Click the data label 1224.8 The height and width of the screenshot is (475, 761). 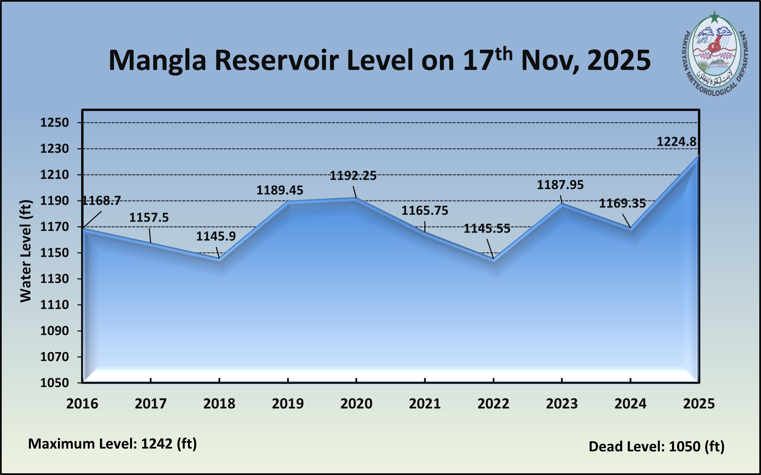[x=676, y=142]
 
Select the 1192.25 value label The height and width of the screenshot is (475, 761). [x=353, y=176]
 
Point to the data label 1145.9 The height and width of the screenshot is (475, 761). [x=216, y=236]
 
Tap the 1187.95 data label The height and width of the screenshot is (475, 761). [x=560, y=185]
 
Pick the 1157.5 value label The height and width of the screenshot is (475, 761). [x=149, y=218]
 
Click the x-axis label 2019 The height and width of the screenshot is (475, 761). [x=288, y=404]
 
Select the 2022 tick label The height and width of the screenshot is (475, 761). [x=493, y=404]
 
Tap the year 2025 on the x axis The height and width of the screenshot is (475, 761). [x=699, y=404]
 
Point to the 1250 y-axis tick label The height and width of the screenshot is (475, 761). [x=54, y=122]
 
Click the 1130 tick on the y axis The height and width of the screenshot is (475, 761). [x=54, y=279]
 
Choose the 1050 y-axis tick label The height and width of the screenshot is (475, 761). [x=54, y=383]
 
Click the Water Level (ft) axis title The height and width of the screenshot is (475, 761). [x=26, y=251]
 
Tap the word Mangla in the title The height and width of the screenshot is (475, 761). [x=157, y=60]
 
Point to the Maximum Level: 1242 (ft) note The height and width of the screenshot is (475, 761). [x=112, y=444]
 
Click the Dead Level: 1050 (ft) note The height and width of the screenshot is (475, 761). [x=656, y=447]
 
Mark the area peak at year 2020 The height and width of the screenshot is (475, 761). [x=356, y=198]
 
